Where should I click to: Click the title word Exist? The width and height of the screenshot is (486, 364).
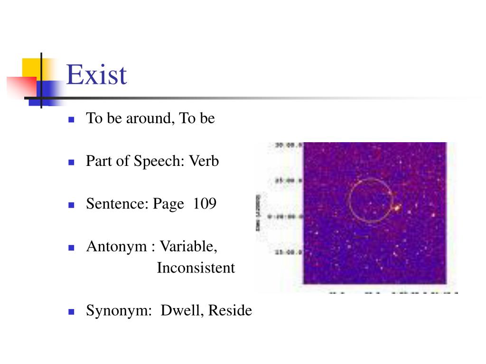pos(97,75)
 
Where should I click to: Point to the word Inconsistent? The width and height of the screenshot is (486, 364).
pos(196,268)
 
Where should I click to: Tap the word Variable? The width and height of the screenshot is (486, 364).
pos(188,246)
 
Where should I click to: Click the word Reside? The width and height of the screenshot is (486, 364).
pos(230,310)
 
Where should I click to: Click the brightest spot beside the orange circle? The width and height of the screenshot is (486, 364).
pos(396,207)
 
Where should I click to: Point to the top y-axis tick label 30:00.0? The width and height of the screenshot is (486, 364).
pos(289,146)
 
